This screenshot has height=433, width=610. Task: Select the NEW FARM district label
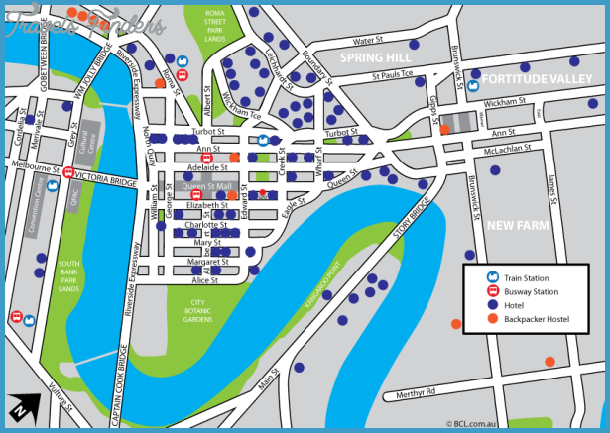[x=517, y=226]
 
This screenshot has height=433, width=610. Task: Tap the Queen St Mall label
[x=207, y=186]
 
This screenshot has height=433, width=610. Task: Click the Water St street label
[x=368, y=41]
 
